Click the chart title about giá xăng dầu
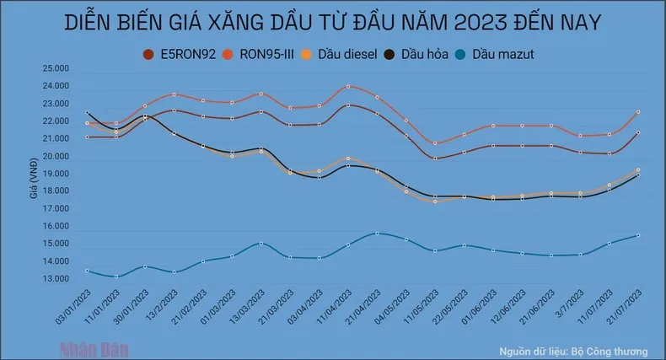pyautogui.click(x=334, y=22)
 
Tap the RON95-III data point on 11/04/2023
pyautogui.click(x=348, y=87)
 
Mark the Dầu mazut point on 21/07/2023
pyautogui.click(x=638, y=235)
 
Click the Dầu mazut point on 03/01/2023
pyautogui.click(x=88, y=271)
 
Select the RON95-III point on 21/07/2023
pyautogui.click(x=638, y=111)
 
